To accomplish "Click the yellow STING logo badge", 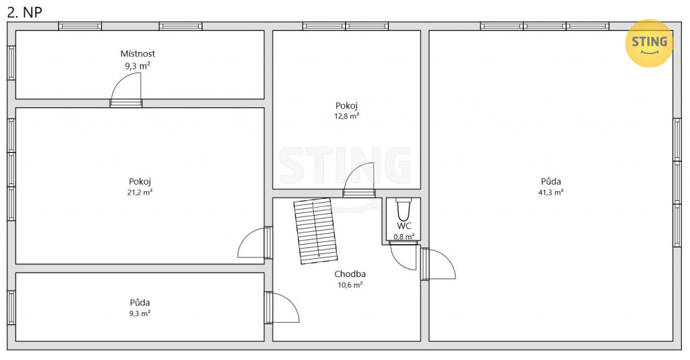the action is (x=649, y=43).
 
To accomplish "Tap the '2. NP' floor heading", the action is (x=25, y=12).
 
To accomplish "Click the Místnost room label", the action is (x=137, y=54).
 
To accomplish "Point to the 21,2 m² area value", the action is (x=140, y=192).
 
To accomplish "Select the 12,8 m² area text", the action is (x=347, y=116).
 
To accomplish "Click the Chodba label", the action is (x=350, y=274).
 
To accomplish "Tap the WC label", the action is (x=404, y=226).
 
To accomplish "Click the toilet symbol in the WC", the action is (x=404, y=210).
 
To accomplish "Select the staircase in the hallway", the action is (x=315, y=231).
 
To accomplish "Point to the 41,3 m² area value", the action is (x=551, y=192).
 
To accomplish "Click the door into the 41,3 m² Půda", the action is (x=438, y=264).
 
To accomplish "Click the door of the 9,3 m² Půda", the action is (x=282, y=307).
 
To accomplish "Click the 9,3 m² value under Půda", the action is (x=140, y=313).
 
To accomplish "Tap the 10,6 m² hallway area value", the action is (x=350, y=284).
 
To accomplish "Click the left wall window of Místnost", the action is (x=11, y=63).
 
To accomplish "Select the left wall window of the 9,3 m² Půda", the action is (x=11, y=307).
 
